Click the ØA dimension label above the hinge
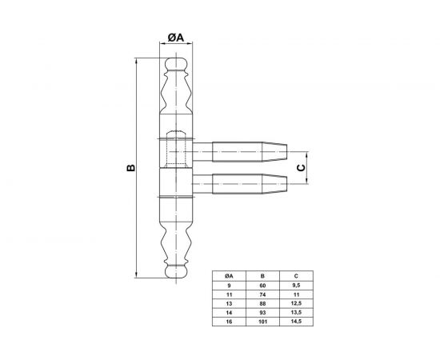[176, 37]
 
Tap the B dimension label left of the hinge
[130, 167]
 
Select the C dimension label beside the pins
[301, 168]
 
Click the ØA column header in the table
[229, 276]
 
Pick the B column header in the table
[262, 276]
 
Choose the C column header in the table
[296, 276]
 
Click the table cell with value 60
[262, 286]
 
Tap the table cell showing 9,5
[296, 286]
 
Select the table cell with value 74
[262, 294]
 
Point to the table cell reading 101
[262, 322]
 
